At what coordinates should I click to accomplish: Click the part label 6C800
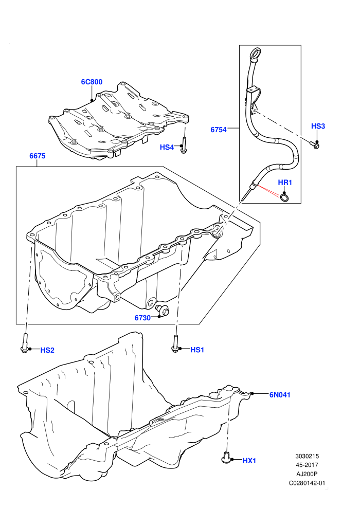point(92,82)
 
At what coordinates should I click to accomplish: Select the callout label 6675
point(38,156)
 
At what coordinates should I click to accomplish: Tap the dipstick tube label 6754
point(219,130)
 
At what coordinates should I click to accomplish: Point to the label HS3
point(318,126)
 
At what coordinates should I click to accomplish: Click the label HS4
point(167,148)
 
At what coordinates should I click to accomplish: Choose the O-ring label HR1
point(285,183)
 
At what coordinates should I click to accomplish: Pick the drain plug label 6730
point(142,318)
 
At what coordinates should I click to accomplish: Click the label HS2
point(47,350)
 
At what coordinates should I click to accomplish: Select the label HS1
point(197,350)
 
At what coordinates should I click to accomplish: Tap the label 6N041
point(280,395)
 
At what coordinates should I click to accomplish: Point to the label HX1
point(249,461)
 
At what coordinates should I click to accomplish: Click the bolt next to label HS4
point(184,146)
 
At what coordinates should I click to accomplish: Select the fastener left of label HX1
point(226,457)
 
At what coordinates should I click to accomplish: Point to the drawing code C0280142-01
point(307,483)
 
